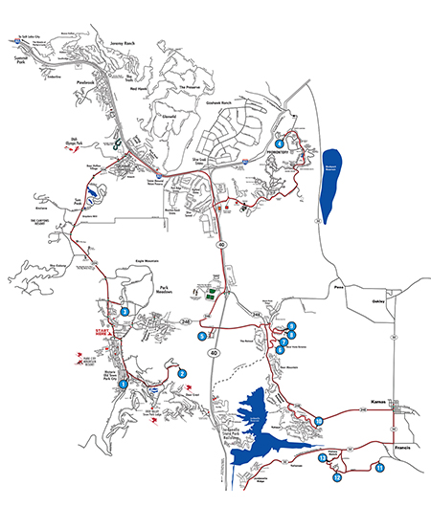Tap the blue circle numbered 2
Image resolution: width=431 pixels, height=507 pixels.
pos(181,373)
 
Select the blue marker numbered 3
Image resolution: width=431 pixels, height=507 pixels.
pos(125,309)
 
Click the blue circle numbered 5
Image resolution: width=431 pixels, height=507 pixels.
pos(202,336)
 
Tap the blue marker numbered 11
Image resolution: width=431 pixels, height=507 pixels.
pos(380,468)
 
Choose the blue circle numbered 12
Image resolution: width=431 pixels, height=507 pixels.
pos(337,476)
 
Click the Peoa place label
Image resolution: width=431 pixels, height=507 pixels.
pos(336,284)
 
